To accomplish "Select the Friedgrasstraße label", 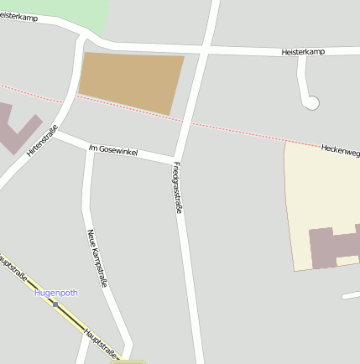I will (178, 190).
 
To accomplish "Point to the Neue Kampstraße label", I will (97, 257).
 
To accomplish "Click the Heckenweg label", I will (340, 150).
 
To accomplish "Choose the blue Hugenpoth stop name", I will (55, 293).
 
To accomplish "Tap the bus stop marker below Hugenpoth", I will (55, 304).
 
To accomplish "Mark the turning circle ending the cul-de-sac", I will (311, 103).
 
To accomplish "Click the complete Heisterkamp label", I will (303, 52).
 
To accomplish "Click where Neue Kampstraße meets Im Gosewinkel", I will (89, 148).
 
